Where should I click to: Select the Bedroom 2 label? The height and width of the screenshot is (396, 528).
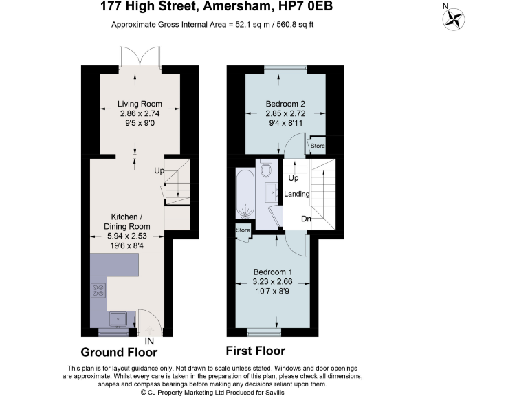point(285,104)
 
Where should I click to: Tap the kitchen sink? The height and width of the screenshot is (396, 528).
point(119,318)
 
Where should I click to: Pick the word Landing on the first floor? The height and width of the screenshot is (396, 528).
point(297,194)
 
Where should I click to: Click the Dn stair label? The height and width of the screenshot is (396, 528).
point(307,219)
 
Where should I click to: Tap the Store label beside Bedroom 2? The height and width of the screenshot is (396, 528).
point(317,146)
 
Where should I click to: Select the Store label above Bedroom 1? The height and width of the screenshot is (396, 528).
point(243,230)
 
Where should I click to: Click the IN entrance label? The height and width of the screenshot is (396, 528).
point(149,340)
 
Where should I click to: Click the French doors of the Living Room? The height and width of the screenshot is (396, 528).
point(140,58)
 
